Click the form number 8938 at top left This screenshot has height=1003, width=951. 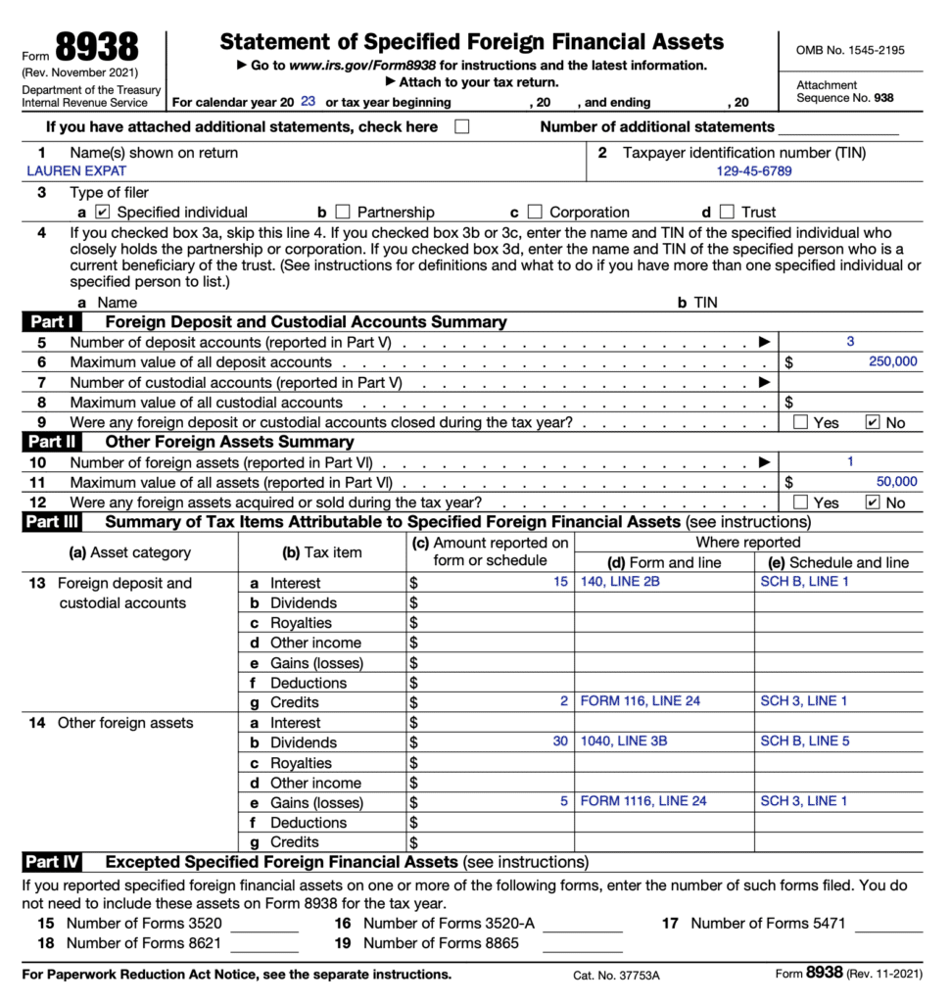[97, 47]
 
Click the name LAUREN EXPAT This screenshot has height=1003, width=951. [76, 170]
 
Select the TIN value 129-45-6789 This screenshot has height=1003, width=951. [754, 170]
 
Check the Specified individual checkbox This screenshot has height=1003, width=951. [103, 212]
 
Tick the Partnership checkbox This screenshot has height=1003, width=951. [342, 212]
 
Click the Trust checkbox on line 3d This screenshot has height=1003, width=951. [726, 212]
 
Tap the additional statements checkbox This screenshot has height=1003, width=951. [461, 126]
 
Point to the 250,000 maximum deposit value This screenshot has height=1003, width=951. [892, 361]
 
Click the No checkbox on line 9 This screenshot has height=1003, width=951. [873, 422]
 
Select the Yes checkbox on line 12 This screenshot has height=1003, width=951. [800, 502]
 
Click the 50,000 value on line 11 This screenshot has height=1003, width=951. [896, 482]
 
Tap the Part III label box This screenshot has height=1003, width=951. [51, 522]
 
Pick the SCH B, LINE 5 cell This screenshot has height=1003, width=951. [804, 741]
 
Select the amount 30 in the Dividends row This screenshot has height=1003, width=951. [559, 741]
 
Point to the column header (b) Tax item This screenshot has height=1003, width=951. [321, 552]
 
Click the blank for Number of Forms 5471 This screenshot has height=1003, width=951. [888, 924]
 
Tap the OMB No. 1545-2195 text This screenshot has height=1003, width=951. [849, 50]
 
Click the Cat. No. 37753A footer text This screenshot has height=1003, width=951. [616, 976]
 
